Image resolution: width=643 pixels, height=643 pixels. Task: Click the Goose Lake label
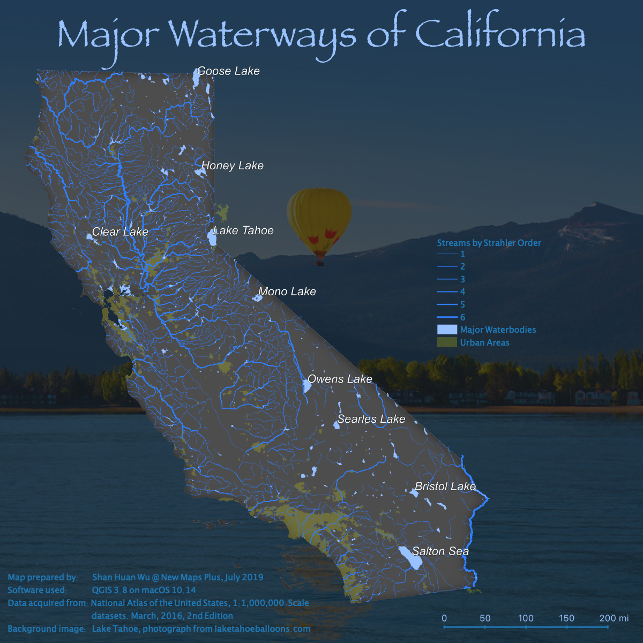(228, 71)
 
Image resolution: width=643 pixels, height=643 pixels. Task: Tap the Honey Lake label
(233, 166)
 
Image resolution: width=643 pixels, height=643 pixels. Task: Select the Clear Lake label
(120, 232)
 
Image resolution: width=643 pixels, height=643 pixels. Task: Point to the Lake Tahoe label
(243, 231)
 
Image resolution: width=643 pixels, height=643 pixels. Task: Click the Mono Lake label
(287, 291)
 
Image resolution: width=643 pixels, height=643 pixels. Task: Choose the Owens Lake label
(340, 379)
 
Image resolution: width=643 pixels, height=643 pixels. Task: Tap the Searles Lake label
(371, 419)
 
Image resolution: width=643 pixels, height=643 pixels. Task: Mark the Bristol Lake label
(445, 487)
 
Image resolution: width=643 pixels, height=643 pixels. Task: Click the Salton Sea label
(440, 551)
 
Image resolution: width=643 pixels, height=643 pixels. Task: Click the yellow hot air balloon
(319, 220)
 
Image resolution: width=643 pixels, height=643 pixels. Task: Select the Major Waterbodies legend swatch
(447, 330)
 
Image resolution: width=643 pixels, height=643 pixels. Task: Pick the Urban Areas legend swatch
(447, 342)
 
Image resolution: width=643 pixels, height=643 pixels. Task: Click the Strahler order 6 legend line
(447, 317)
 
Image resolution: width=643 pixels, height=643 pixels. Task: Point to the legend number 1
(462, 255)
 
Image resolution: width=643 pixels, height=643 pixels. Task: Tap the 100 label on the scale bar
(526, 618)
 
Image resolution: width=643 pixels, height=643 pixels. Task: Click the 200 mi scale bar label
(614, 618)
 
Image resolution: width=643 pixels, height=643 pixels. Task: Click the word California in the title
(500, 34)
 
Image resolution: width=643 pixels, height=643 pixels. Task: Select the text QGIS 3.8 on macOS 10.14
(144, 590)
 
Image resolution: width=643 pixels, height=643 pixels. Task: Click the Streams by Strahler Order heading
(489, 243)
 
